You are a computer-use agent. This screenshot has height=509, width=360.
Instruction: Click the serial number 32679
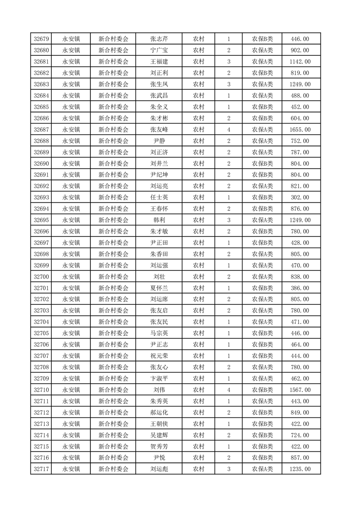point(41,39)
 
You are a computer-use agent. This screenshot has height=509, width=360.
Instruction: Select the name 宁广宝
point(159,50)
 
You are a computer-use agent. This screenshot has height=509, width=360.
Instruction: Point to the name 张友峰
point(159,130)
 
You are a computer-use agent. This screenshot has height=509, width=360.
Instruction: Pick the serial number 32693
point(41,197)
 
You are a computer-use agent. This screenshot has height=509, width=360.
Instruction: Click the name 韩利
point(159,220)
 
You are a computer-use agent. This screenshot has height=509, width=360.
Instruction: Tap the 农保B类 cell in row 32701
point(262,288)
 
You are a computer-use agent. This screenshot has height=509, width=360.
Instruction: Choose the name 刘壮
point(159,277)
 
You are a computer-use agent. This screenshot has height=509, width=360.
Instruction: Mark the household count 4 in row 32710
point(228,390)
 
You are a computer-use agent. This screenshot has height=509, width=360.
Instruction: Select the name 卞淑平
point(159,378)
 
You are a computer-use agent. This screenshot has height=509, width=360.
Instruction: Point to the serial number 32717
point(41,469)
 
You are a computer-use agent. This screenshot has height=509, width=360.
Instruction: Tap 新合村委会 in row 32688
point(113,141)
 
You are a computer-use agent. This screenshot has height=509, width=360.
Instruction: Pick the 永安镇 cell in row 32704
point(71,322)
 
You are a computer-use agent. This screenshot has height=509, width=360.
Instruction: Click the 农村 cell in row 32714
point(198,435)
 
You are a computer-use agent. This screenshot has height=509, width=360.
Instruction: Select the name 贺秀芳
point(159,446)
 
